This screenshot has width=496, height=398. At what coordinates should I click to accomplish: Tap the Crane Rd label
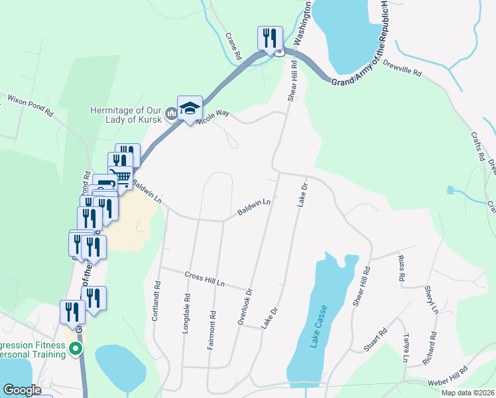pos(233,46)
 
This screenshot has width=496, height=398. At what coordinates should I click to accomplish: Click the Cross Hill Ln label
pos(205,279)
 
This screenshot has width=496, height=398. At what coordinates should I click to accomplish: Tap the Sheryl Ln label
pos(432,300)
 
